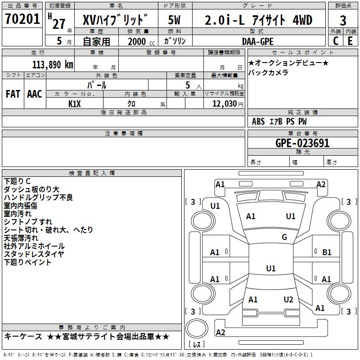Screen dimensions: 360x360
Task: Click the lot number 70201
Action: coord(22,19)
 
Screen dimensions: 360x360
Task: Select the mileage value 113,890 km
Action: coord(53,65)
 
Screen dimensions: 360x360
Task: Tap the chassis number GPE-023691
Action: coord(302,143)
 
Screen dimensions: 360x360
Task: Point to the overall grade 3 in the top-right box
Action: coord(343,20)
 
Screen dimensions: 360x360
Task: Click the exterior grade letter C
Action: coord(336,41)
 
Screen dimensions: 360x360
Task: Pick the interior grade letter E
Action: coord(350,41)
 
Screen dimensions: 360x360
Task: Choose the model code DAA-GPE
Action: coord(258,41)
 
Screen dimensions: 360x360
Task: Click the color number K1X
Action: coord(75,104)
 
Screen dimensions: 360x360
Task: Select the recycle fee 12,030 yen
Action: coord(228,104)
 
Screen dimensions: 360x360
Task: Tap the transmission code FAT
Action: coord(13,94)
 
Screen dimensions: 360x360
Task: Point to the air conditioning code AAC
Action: coord(35,94)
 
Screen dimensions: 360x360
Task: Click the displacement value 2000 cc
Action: coord(141,41)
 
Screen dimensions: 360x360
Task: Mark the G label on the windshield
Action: coord(284,237)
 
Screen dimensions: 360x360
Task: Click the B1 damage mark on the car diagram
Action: coord(327,252)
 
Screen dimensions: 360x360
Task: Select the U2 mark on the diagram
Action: coord(288,300)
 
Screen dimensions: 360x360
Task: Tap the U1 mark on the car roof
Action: coord(271,268)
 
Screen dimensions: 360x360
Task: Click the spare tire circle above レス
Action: coord(197,329)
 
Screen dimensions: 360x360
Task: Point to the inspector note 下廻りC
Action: coord(17,181)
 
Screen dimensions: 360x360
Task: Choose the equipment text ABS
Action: coord(258,121)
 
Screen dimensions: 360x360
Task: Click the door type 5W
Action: coord(174,20)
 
